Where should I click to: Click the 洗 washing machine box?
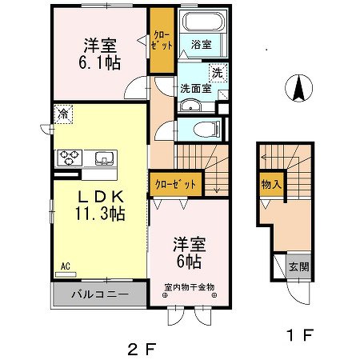(215, 73)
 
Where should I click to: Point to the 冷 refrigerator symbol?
(62, 114)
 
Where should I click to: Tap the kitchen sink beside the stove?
(103, 158)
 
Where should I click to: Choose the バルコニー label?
(98, 294)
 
